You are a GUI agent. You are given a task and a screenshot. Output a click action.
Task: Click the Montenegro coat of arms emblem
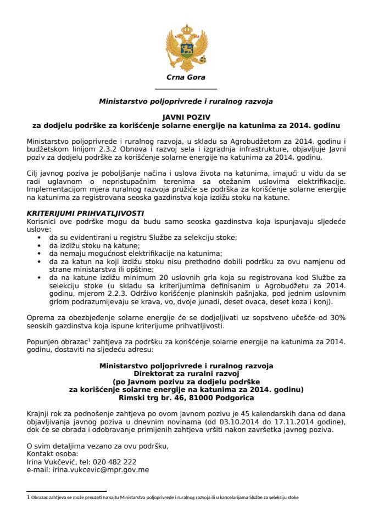[x=186, y=46]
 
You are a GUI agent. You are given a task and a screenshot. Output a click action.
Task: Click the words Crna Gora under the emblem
[x=186, y=77]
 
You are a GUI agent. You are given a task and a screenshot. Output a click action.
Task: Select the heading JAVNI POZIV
[x=186, y=117]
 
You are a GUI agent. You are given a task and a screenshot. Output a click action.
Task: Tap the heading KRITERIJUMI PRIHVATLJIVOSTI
[x=78, y=212]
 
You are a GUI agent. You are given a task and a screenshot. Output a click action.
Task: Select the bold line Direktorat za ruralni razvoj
[x=186, y=373]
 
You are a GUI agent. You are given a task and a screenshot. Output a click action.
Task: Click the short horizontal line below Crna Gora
[x=186, y=89]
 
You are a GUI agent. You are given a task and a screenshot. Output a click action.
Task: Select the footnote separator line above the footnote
[x=66, y=491]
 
